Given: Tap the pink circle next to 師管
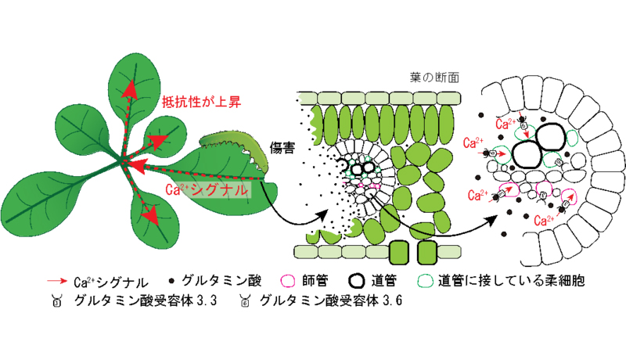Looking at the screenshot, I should (285, 279).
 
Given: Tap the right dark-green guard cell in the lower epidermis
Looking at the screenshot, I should (426, 252).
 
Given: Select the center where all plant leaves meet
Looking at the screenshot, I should (123, 163).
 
